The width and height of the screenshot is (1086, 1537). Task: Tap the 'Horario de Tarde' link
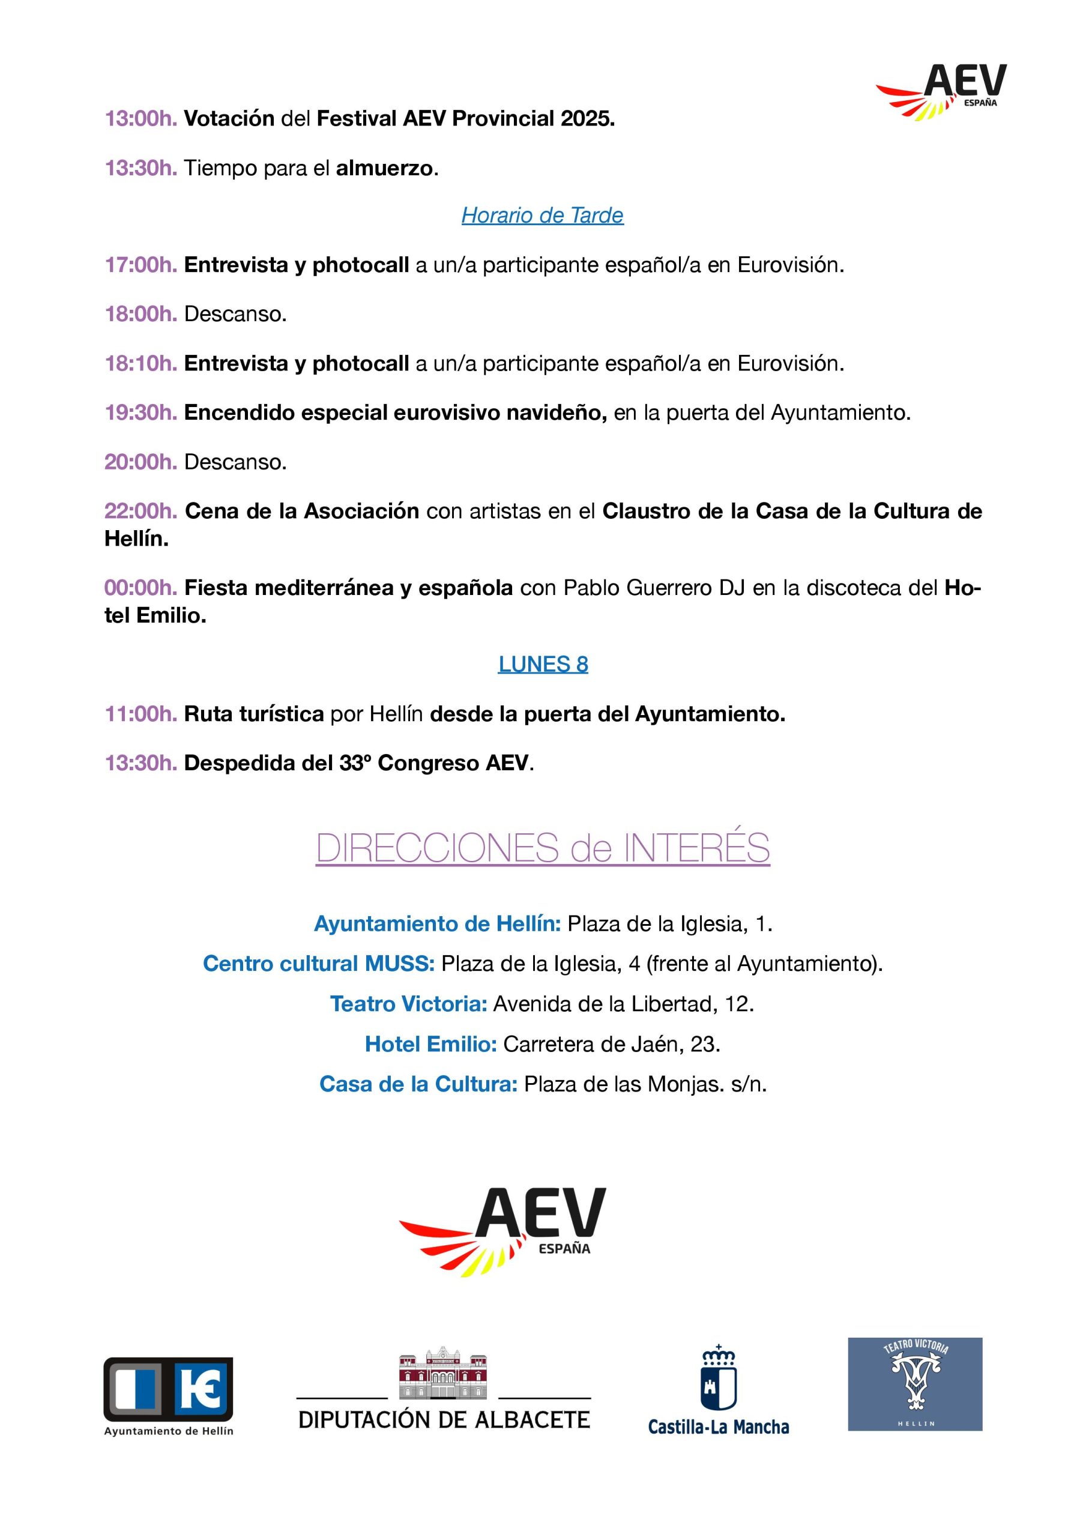coord(542,216)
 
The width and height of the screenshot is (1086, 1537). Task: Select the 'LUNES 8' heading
coord(542,664)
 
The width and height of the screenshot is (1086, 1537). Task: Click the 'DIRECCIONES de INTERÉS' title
coord(542,848)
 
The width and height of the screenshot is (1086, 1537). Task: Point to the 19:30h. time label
coord(140,413)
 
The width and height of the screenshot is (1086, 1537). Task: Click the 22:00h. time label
coord(140,512)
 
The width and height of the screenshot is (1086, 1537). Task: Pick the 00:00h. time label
coord(140,588)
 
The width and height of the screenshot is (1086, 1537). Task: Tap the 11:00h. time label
coord(140,714)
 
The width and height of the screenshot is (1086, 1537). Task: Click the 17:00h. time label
coord(140,265)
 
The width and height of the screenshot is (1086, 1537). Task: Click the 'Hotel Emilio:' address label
coord(430,1044)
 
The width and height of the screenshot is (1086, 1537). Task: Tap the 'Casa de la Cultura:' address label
coord(418,1084)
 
